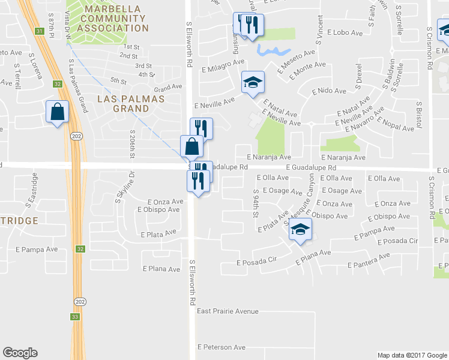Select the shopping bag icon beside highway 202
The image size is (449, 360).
[x=57, y=112]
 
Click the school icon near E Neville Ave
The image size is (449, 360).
[x=253, y=82]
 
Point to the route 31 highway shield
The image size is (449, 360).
[x=40, y=31]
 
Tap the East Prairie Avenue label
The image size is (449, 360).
[x=228, y=311]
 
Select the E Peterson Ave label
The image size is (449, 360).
[x=221, y=347]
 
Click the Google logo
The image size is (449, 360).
[x=20, y=353]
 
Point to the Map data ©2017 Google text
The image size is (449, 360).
[x=412, y=355]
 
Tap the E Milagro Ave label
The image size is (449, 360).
[x=222, y=62]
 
